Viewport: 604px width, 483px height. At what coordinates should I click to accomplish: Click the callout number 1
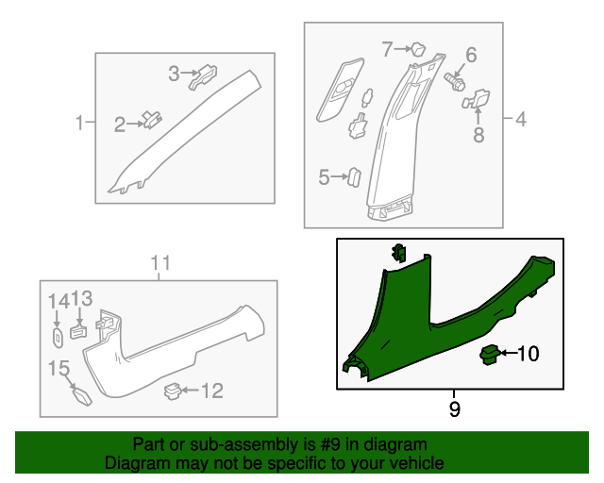(79, 123)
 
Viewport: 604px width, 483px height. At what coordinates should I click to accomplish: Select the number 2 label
(120, 125)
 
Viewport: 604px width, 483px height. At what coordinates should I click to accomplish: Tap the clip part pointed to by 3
(204, 76)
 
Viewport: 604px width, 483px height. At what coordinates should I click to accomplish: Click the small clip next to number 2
(153, 119)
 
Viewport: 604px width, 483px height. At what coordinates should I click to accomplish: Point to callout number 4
(521, 120)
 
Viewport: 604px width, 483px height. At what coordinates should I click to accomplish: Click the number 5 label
(324, 177)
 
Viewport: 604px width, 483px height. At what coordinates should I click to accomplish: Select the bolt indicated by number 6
(455, 82)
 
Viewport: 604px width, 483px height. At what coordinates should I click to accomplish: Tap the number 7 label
(387, 49)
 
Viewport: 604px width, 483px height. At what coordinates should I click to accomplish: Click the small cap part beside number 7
(418, 50)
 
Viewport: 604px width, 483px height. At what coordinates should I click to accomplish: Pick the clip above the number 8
(476, 99)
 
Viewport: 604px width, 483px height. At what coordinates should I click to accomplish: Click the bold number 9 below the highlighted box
(455, 409)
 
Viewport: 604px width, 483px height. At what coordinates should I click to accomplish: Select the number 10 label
(528, 354)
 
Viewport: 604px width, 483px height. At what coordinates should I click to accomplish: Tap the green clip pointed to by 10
(490, 355)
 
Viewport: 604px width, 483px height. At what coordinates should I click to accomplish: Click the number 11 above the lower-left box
(160, 263)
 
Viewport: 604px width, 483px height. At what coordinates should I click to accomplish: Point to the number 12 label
(212, 391)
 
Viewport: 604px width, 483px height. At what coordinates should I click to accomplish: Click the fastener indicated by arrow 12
(173, 391)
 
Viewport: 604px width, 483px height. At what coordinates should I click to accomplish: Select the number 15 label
(59, 368)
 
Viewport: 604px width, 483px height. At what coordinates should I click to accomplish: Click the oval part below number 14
(58, 338)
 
